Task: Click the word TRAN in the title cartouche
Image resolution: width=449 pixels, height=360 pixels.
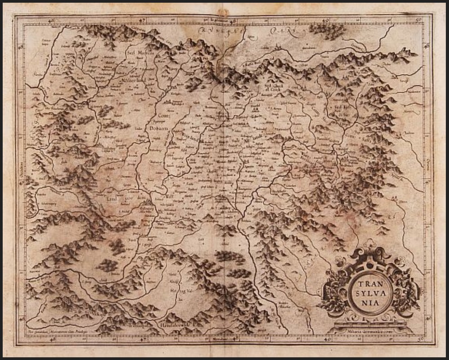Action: tap(368, 284)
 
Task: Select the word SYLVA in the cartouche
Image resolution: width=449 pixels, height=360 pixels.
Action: tap(368, 293)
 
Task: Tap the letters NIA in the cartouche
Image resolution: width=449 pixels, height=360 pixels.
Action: tap(368, 302)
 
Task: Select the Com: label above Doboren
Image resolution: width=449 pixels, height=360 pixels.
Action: tap(151, 115)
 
